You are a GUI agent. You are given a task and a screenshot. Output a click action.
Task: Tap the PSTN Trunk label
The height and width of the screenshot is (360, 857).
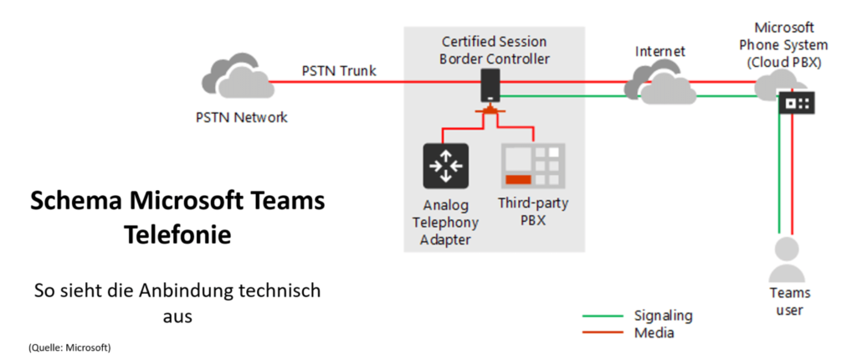click(x=339, y=70)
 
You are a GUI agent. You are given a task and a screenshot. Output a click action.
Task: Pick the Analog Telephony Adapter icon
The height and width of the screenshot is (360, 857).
click(x=445, y=164)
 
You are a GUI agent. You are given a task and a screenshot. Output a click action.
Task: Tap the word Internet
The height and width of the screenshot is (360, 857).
click(x=659, y=52)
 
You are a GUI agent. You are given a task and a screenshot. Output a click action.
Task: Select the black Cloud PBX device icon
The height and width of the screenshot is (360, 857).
click(x=796, y=103)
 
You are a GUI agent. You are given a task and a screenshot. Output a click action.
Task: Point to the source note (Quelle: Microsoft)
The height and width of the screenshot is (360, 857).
click(x=69, y=347)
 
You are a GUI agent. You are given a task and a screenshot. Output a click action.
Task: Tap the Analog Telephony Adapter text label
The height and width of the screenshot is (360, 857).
click(x=444, y=223)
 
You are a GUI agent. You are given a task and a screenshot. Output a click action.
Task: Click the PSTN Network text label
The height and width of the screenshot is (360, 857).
click(x=237, y=117)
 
